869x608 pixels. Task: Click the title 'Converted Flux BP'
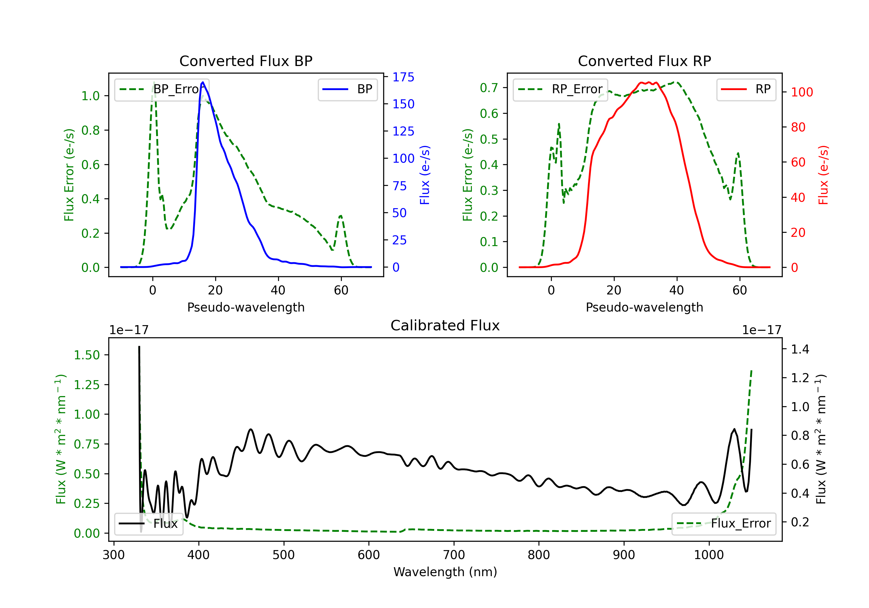click(246, 61)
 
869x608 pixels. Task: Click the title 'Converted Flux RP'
click(644, 61)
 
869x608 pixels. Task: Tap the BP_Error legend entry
click(162, 89)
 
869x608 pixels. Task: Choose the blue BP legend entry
click(347, 89)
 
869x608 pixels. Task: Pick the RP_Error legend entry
click(560, 89)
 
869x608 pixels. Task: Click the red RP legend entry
click(746, 89)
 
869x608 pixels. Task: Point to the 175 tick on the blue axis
click(403, 77)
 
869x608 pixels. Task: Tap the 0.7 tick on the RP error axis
click(489, 88)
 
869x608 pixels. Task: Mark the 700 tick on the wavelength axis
click(453, 555)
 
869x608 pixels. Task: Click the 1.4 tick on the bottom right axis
click(800, 349)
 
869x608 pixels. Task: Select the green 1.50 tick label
click(87, 355)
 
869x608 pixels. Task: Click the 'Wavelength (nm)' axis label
click(445, 572)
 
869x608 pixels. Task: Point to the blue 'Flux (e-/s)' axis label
click(425, 175)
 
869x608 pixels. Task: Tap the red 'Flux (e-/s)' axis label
click(823, 175)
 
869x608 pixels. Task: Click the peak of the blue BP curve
click(203, 82)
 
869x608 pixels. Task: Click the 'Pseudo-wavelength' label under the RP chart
click(644, 307)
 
